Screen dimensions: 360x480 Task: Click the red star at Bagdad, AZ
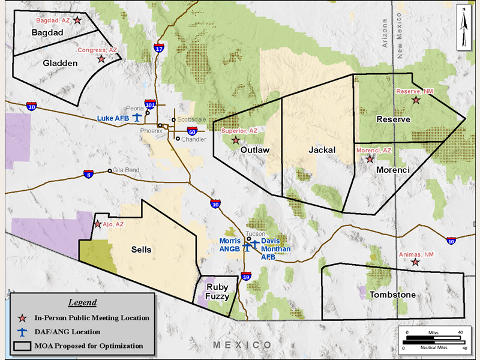[77, 20]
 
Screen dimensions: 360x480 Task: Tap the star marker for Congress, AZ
[101, 59]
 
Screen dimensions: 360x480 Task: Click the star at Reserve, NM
[416, 100]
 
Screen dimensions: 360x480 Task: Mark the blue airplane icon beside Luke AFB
[136, 116]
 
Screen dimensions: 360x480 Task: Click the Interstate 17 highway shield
[158, 48]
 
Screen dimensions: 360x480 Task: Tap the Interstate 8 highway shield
[89, 174]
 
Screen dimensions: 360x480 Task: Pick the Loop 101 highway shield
[151, 104]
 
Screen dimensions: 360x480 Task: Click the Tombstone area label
[392, 295]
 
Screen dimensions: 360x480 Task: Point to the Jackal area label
[322, 149]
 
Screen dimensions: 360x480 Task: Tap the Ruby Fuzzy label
[215, 291]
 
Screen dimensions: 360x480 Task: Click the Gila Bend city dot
[109, 171]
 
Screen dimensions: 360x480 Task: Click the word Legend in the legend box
[82, 302]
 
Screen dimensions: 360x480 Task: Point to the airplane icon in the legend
[23, 331]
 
